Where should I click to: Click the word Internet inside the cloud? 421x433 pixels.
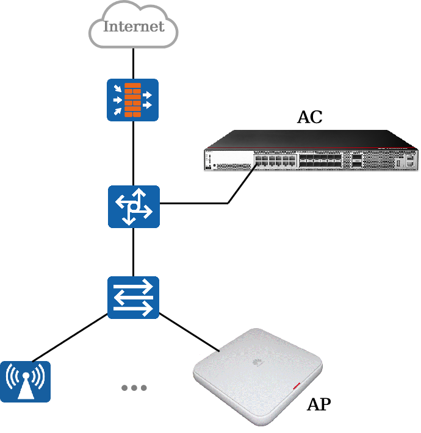point(134,26)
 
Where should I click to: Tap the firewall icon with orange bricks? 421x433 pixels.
point(132,100)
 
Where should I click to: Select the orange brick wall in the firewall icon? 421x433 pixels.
point(132,100)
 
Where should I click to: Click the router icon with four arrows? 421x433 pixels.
point(134,207)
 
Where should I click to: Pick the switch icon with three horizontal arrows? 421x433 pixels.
point(133,298)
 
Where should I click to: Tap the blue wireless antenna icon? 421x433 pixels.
point(25,382)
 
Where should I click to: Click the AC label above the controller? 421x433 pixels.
point(310,117)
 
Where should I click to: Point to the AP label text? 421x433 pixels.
point(318,404)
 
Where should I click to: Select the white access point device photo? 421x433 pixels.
point(257,377)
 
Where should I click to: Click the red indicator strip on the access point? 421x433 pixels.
point(297,386)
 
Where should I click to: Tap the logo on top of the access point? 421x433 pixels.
point(257,362)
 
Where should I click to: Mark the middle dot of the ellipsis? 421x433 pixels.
point(134,388)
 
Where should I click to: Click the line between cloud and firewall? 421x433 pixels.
point(134,63)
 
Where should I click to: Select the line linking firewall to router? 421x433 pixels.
point(134,153)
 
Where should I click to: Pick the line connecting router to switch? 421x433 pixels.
point(134,252)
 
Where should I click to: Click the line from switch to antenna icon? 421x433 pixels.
point(70,337)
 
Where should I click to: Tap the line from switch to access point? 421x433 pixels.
point(190,332)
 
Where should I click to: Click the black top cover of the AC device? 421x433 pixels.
point(311,139)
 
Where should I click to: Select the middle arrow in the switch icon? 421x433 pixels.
point(133,298)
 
